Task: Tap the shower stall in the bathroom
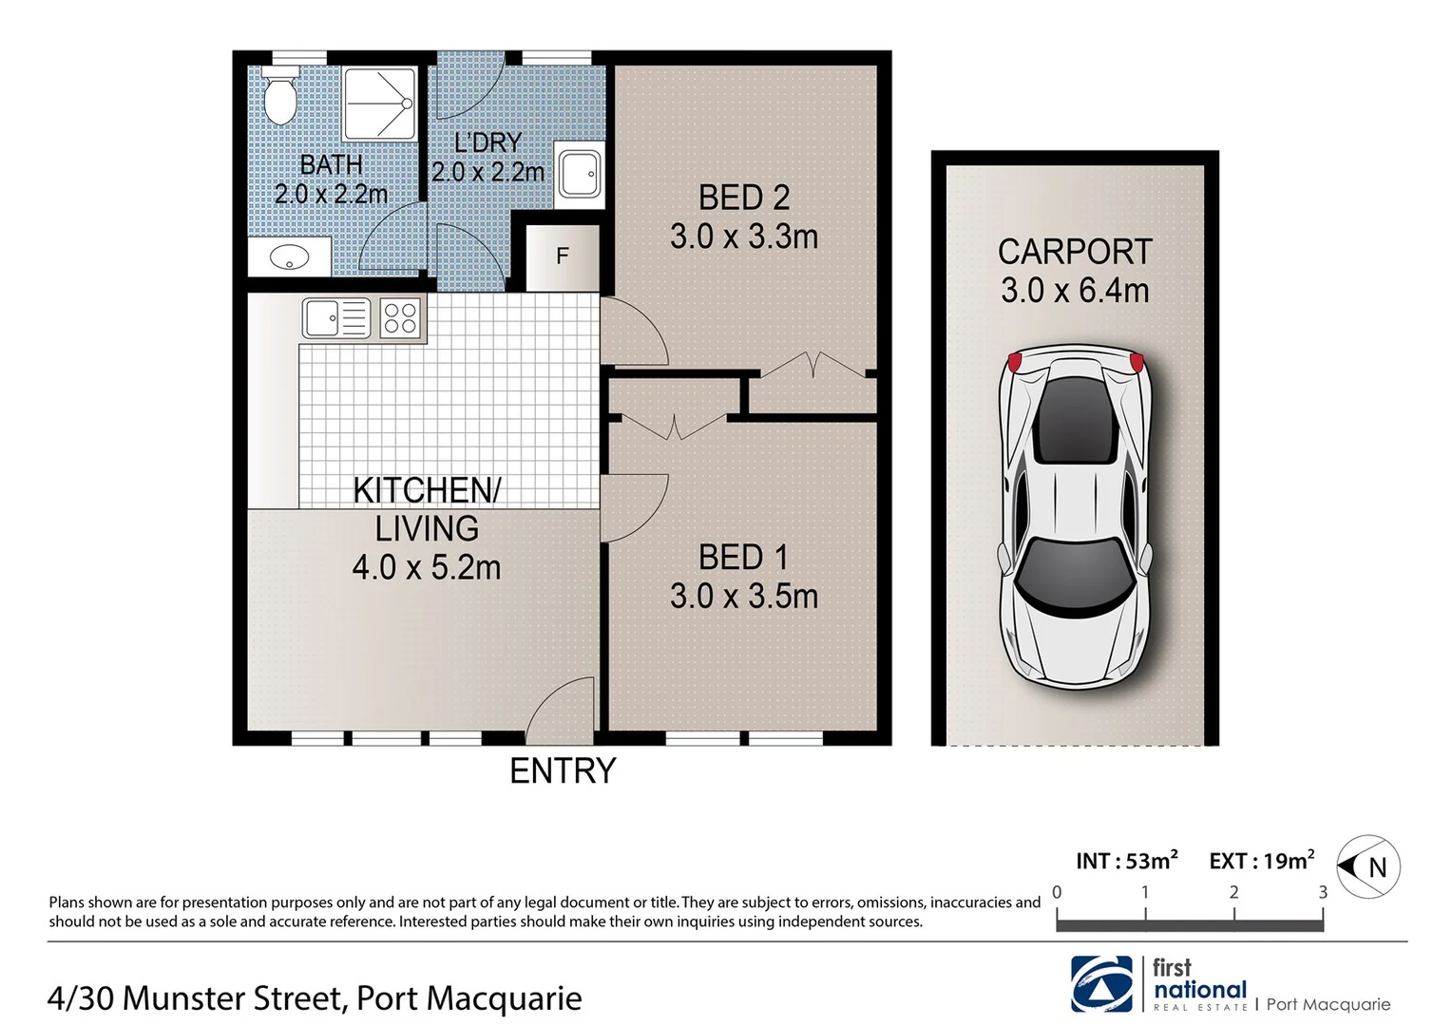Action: coord(379,104)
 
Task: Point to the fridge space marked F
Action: coord(562,256)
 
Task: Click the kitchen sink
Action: coord(336,318)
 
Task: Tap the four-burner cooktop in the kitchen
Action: coord(400,318)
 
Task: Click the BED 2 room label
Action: coord(743,198)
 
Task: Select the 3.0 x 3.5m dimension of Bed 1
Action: coord(743,597)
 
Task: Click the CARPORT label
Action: coord(1074,252)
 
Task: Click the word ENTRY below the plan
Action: coord(563,770)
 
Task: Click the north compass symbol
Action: coord(1368,866)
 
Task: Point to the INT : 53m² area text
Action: coord(1126,861)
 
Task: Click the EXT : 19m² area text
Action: coord(1261,861)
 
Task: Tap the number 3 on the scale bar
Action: coord(1322,892)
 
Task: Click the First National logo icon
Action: coord(1101,984)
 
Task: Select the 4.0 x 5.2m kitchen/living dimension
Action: coord(426,568)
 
